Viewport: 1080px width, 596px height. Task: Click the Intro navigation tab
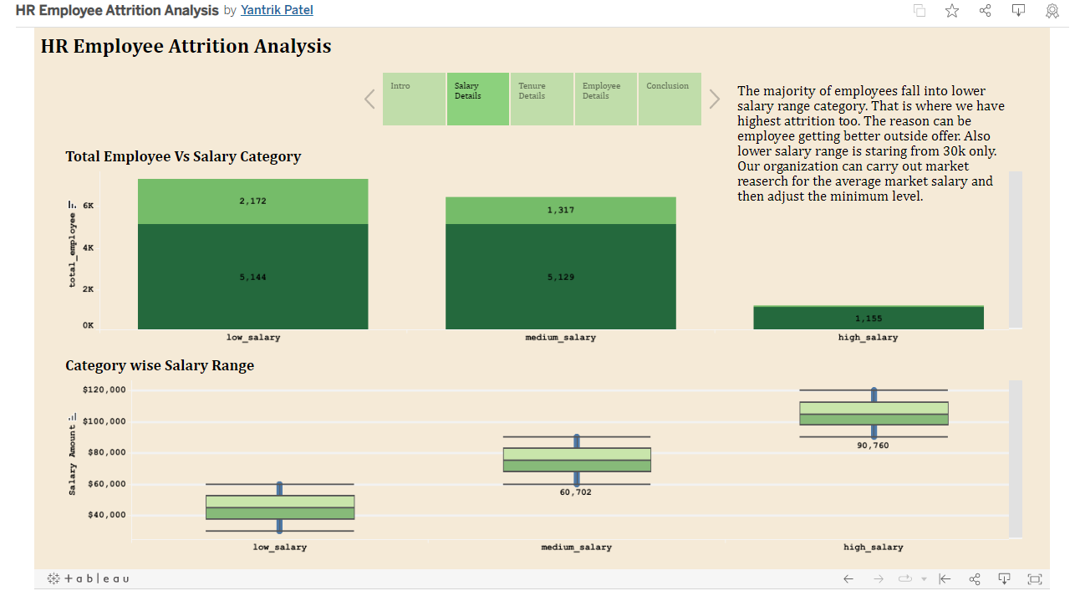click(414, 99)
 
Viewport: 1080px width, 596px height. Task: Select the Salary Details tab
click(477, 99)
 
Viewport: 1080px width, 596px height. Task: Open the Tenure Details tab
click(542, 99)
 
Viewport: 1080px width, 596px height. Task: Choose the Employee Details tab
click(605, 99)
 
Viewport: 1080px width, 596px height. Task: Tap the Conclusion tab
click(669, 99)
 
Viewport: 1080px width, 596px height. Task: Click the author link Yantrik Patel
click(277, 10)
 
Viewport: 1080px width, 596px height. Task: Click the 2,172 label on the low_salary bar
click(252, 201)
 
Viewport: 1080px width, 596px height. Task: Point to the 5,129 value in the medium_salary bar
click(561, 277)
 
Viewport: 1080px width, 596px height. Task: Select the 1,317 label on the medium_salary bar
click(561, 210)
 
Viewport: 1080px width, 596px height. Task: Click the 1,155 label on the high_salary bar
click(869, 318)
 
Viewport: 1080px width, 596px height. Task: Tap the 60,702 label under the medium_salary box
click(575, 492)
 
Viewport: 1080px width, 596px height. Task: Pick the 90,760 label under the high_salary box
click(873, 446)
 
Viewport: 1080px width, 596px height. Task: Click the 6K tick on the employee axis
click(88, 206)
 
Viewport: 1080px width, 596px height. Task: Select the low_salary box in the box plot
click(280, 507)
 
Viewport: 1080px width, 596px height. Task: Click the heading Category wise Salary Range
click(160, 365)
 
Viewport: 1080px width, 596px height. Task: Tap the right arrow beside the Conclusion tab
click(714, 99)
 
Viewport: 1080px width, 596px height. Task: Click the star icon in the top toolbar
click(952, 11)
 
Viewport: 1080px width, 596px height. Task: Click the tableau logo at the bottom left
click(88, 578)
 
